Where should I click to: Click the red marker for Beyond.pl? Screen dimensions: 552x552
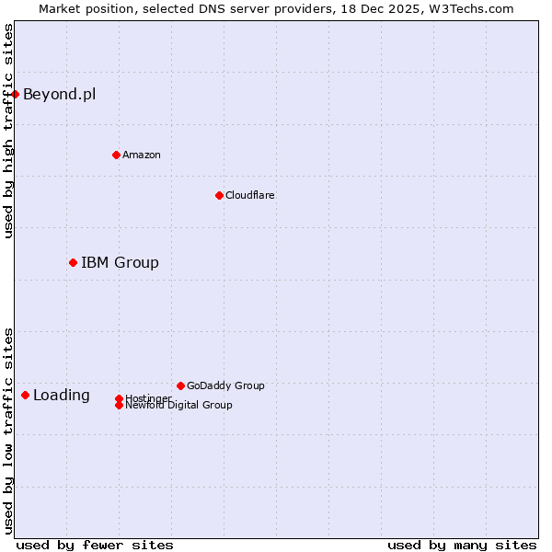coord(15,94)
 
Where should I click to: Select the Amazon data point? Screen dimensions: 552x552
coord(116,155)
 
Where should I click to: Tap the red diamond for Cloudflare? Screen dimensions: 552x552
coord(219,195)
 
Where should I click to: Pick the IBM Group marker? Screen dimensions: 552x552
coord(73,262)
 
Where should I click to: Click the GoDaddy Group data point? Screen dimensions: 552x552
coord(180,385)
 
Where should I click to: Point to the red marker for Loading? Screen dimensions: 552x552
coord(25,395)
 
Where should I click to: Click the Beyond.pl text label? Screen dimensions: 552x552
coord(59,94)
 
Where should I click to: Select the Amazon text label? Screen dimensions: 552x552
coord(142,155)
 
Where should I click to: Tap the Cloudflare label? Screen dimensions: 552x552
coord(250,195)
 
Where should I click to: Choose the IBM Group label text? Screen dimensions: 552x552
coord(120,262)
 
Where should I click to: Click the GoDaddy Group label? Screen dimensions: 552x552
coord(225,385)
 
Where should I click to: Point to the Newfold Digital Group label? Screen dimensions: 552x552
coord(178,406)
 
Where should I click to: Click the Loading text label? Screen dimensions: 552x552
coord(62,396)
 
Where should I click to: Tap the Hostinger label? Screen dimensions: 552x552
coord(148,397)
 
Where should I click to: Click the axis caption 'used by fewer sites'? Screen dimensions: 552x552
coord(95,545)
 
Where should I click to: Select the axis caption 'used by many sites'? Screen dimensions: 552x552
coord(462,545)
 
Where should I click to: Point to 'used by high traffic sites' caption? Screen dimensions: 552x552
coord(8,131)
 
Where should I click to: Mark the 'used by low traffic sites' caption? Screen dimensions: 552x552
coord(8,430)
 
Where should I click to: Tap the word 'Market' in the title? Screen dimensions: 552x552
coord(60,8)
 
